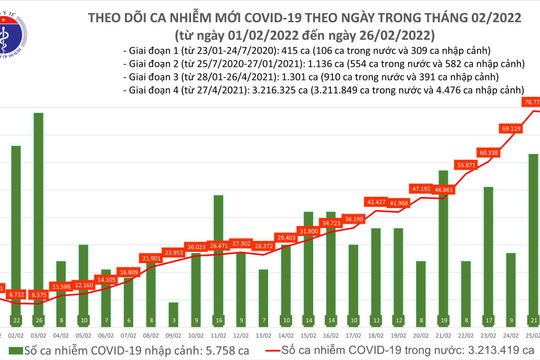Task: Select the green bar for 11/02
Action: click(x=218, y=270)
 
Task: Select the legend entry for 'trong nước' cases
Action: click(x=400, y=352)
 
